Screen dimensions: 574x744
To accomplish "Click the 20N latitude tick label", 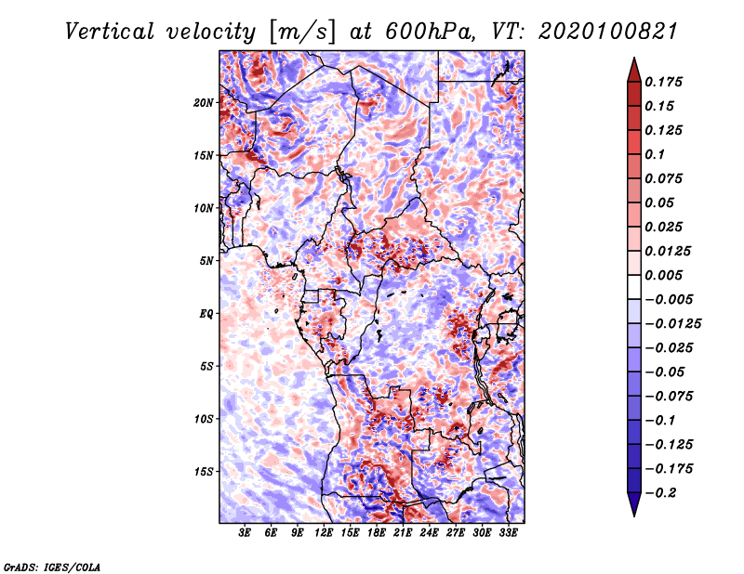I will tap(205, 102).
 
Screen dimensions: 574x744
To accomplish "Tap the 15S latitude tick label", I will tap(205, 472).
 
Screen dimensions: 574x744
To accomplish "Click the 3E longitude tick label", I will tap(246, 533).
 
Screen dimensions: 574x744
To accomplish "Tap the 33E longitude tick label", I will tap(508, 533).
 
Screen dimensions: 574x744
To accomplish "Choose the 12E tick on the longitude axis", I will tap(324, 533).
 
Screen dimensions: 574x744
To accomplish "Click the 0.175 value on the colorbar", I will tap(667, 82).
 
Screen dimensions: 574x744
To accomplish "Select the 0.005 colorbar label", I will tap(667, 275).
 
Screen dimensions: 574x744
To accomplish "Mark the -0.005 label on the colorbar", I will tap(670, 299).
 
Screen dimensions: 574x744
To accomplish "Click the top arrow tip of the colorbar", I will tap(633, 59).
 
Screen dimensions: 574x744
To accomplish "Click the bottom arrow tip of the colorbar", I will tap(633, 515).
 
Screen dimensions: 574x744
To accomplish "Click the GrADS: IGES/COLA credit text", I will tap(51, 566).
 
